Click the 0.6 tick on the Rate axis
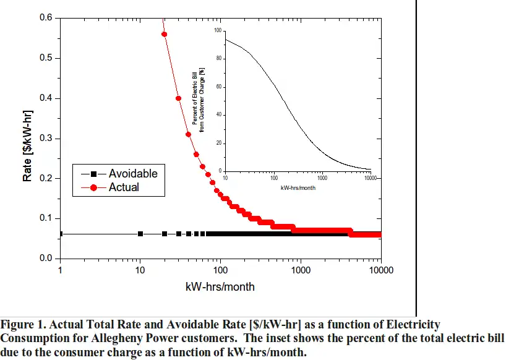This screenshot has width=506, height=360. click(x=46, y=18)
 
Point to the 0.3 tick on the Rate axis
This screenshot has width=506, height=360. click(x=46, y=139)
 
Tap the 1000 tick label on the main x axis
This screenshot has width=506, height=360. click(x=301, y=270)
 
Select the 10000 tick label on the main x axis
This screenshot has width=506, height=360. click(x=380, y=270)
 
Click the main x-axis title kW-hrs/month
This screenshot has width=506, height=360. click(x=220, y=287)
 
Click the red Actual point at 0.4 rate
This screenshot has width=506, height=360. click(x=178, y=98)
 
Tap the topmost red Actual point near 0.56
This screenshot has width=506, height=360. click(x=164, y=34)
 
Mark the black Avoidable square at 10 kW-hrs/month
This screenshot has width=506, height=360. click(x=140, y=234)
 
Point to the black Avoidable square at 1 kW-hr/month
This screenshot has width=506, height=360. click(x=60, y=234)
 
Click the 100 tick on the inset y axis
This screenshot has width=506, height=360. click(x=217, y=30)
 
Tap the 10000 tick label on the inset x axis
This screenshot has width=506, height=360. click(x=370, y=178)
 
